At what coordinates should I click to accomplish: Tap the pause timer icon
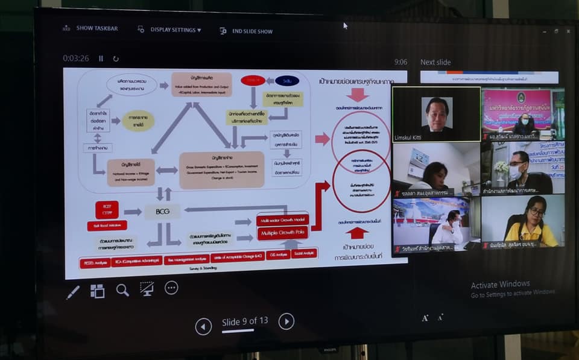click(101, 58)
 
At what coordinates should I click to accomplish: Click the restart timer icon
click(116, 58)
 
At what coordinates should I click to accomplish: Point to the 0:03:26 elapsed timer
click(76, 58)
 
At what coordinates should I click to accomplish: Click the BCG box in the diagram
click(162, 212)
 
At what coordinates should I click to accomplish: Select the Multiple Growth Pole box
click(283, 233)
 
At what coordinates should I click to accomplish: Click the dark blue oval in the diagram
click(287, 81)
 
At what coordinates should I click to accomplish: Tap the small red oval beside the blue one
click(253, 80)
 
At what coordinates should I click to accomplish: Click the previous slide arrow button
click(203, 326)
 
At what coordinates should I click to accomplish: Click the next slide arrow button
click(286, 321)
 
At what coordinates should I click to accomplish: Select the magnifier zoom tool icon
click(122, 290)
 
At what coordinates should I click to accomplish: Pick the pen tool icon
click(73, 292)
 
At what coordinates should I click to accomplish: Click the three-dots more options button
click(171, 288)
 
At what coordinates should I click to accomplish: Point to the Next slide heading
click(435, 62)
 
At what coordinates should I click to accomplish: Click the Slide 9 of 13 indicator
click(245, 321)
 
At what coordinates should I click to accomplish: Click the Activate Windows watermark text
click(500, 284)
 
